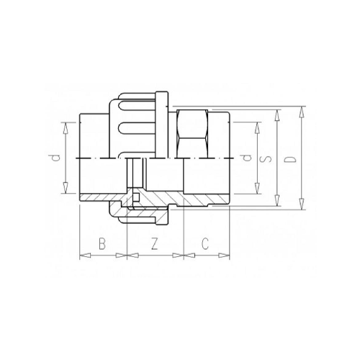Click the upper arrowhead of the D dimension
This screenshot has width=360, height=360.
pos(298,109)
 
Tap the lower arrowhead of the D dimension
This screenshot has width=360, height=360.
pos(298,210)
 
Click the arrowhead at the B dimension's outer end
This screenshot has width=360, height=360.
pos(80,255)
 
